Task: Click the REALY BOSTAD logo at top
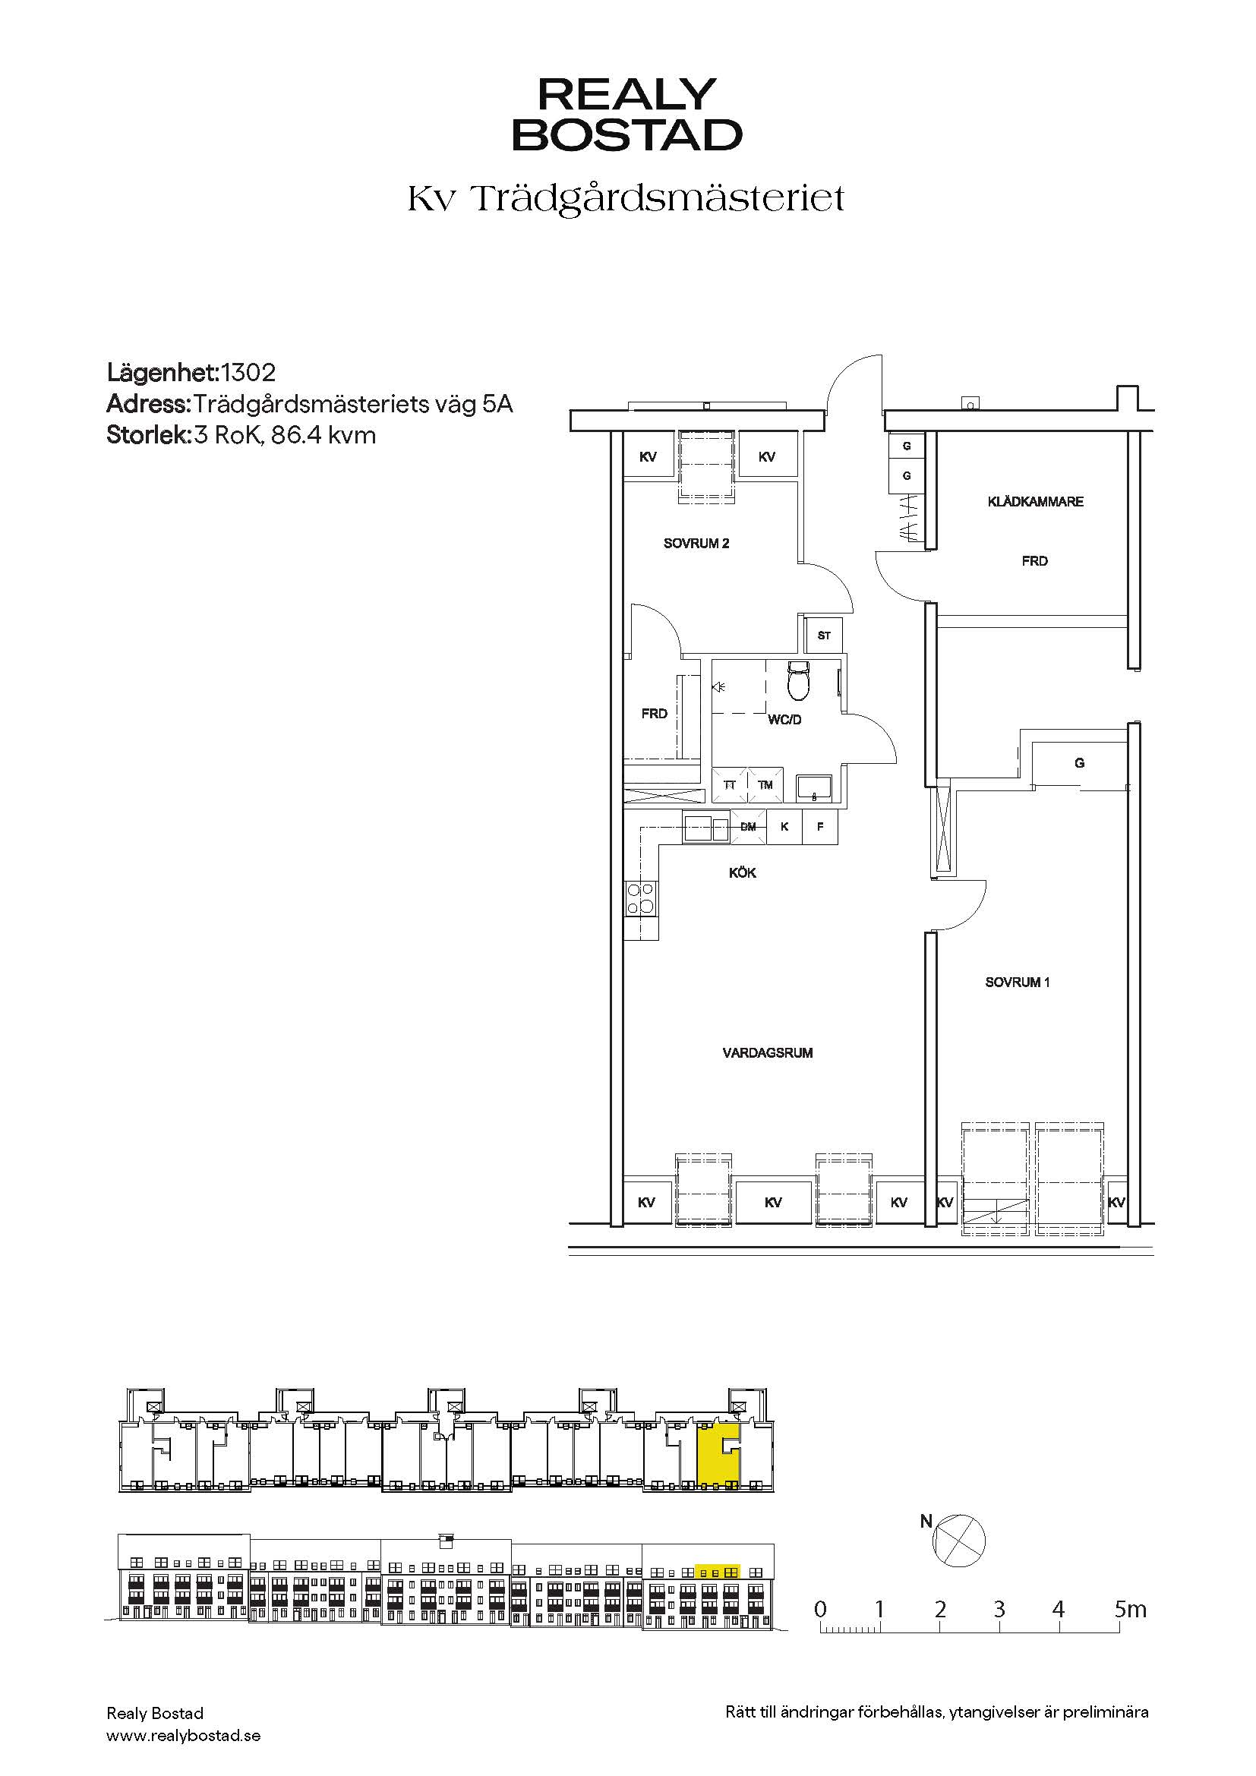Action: pos(627,114)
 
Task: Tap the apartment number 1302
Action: pos(248,373)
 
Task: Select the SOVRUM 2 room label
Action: pos(696,543)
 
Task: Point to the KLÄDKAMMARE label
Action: pos(1035,501)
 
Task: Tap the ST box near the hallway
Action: pos(824,635)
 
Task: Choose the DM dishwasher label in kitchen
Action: pos(748,826)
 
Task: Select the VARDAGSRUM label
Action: pos(767,1052)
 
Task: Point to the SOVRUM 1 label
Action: pos(1017,983)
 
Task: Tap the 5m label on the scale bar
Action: pos(1130,1609)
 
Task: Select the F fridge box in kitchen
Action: pos(821,827)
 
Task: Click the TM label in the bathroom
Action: pos(765,785)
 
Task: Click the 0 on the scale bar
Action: pos(821,1609)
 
